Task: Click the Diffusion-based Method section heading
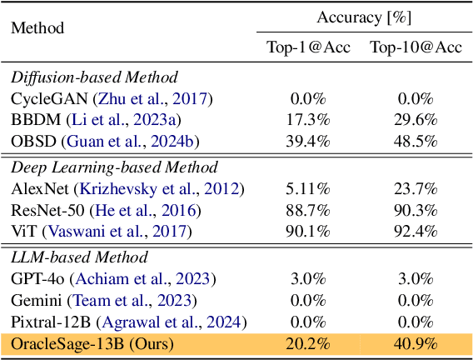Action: [x=94, y=78]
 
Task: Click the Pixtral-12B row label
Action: [x=45, y=321]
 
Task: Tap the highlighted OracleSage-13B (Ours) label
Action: [x=98, y=342]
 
